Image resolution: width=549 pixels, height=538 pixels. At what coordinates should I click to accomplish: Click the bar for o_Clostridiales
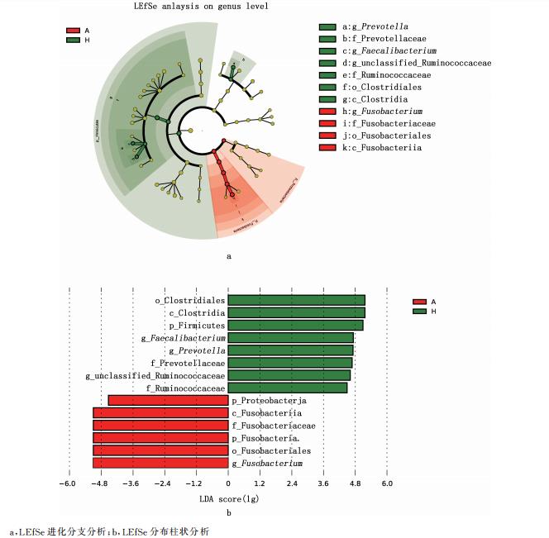[x=296, y=300]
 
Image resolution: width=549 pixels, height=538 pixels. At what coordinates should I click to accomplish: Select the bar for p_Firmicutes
[x=295, y=326]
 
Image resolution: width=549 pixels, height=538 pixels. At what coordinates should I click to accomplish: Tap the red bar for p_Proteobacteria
[x=168, y=401]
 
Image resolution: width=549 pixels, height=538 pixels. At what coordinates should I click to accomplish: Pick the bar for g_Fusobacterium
[x=160, y=464]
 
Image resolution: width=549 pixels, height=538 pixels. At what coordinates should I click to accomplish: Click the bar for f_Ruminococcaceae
[x=287, y=388]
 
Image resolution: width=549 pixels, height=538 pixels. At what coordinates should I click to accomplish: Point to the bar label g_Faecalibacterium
[x=183, y=338]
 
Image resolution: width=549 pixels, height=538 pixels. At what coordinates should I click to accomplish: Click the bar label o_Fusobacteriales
[x=272, y=450]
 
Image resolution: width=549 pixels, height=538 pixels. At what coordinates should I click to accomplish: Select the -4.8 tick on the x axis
[x=100, y=483]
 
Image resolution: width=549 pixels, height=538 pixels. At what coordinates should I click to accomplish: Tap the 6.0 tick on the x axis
[x=386, y=483]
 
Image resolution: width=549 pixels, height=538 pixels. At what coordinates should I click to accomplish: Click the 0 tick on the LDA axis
[x=228, y=483]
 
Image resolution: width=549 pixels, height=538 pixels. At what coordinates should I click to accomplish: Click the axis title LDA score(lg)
[x=228, y=499]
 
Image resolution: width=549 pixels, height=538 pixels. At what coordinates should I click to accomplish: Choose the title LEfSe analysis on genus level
[x=197, y=7]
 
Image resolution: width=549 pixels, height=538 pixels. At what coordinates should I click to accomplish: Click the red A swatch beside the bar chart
[x=419, y=302]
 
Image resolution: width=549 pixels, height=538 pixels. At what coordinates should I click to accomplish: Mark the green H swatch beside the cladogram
[x=73, y=40]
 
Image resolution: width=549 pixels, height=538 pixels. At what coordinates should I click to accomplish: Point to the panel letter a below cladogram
[x=228, y=256]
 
